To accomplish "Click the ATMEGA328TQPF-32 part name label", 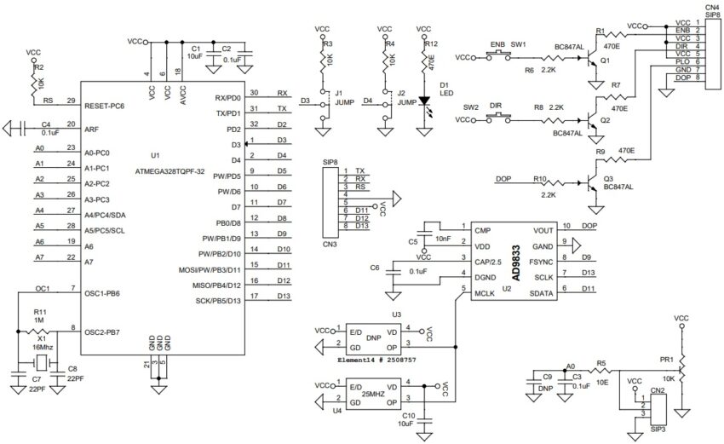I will (x=171, y=170).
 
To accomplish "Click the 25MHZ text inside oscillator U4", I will (x=374, y=397).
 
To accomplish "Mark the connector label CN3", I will (x=330, y=245).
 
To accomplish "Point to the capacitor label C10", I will (x=409, y=415).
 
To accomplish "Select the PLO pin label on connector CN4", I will (x=682, y=61).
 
